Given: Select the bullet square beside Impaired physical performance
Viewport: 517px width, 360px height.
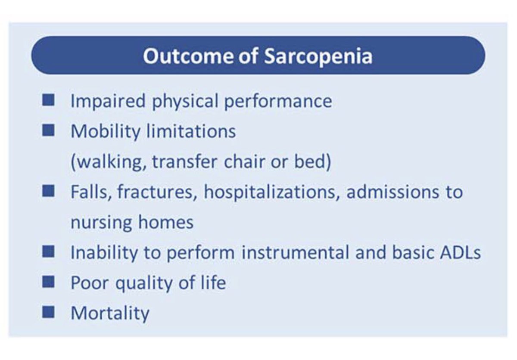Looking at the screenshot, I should [49, 101].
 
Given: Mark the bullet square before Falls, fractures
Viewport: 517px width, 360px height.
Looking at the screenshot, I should [49, 191].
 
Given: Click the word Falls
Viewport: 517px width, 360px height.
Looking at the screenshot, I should [88, 192].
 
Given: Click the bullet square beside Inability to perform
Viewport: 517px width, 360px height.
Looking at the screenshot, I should [49, 251].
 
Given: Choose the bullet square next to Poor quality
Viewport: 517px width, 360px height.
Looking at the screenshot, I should [49, 282].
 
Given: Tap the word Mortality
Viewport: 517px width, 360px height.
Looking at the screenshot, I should [110, 313].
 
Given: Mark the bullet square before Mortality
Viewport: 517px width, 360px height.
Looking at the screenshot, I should [49, 312].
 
